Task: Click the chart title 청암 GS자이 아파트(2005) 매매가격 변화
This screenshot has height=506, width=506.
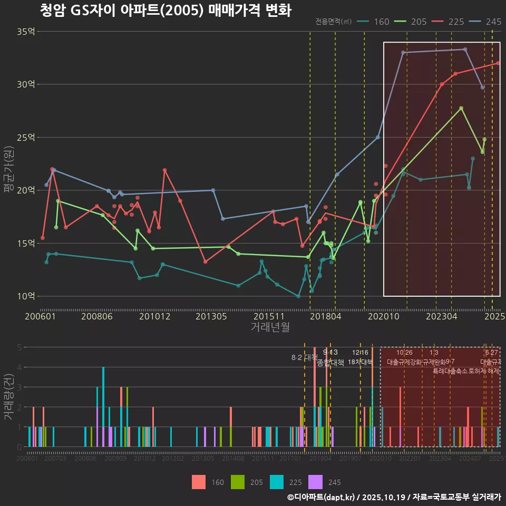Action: tap(166, 11)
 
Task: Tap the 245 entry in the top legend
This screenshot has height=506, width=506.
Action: tap(485, 22)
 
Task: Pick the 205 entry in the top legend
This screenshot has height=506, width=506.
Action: tap(411, 22)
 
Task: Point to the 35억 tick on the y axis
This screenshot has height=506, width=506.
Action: tap(26, 32)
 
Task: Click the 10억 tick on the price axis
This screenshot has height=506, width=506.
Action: tap(26, 296)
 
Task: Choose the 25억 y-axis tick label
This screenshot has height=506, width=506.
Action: tap(26, 138)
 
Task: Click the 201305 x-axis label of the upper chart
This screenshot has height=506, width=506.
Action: tap(211, 316)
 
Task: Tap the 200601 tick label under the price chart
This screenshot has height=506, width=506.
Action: tap(41, 316)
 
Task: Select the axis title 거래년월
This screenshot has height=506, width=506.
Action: tap(270, 327)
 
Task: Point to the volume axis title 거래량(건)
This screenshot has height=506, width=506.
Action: tap(8, 397)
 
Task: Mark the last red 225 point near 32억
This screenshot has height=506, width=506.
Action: tap(498, 63)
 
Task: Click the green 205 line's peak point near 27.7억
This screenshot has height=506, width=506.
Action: tap(461, 108)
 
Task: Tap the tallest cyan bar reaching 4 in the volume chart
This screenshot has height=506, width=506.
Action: tap(103, 407)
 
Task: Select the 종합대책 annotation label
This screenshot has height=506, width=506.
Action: tap(330, 363)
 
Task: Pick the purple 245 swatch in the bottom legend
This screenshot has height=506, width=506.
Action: tap(315, 482)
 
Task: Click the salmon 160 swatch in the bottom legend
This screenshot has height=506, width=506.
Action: tap(199, 482)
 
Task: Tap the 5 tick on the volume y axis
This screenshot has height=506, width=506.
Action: tap(20, 347)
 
